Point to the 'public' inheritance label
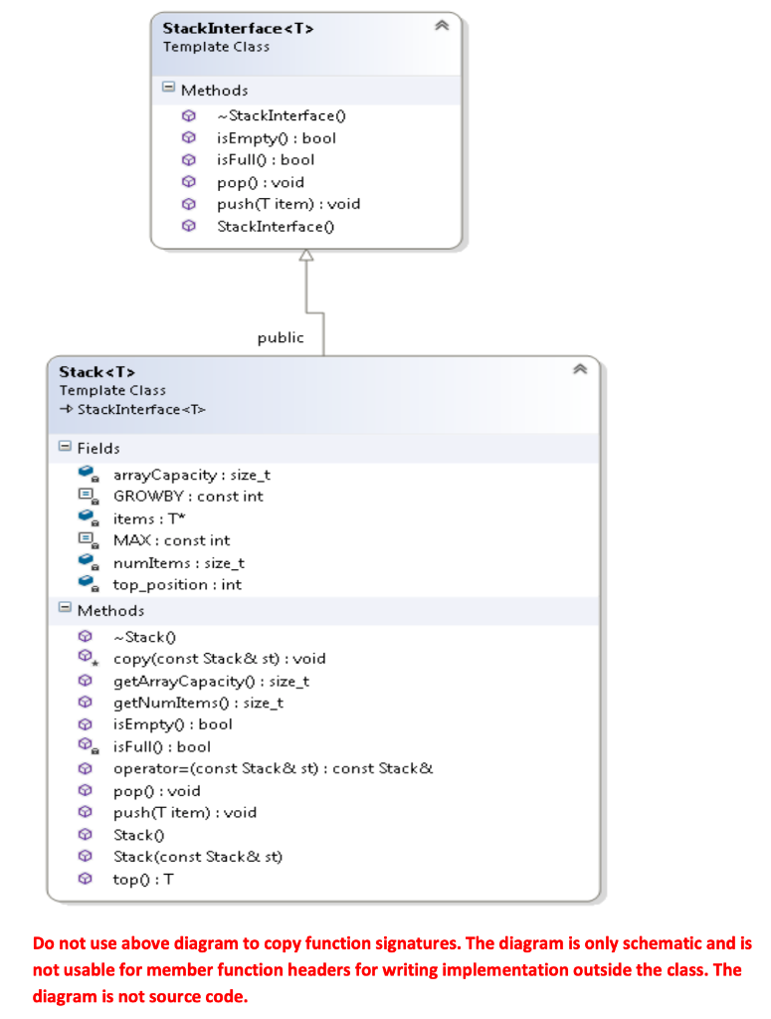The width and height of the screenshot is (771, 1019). tap(281, 337)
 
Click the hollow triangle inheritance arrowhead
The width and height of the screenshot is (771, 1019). tap(305, 257)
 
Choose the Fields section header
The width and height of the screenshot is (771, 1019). tap(97, 448)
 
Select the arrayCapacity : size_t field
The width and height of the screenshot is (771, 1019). tap(191, 475)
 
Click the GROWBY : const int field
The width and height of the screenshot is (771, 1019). tap(188, 496)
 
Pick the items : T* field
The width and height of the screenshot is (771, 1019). tap(147, 518)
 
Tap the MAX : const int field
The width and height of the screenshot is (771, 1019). tap(171, 540)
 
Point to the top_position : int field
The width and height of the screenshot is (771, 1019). tap(176, 585)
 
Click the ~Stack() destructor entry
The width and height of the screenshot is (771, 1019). tap(145, 637)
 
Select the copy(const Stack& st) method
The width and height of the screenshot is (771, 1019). tap(219, 659)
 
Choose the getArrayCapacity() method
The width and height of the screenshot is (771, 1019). tap(211, 681)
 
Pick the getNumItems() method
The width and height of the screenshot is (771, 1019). tap(198, 703)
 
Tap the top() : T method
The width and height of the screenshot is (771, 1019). tap(144, 879)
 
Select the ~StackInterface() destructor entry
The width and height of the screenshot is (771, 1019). tap(282, 115)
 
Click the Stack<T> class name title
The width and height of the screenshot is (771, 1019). tap(96, 372)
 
